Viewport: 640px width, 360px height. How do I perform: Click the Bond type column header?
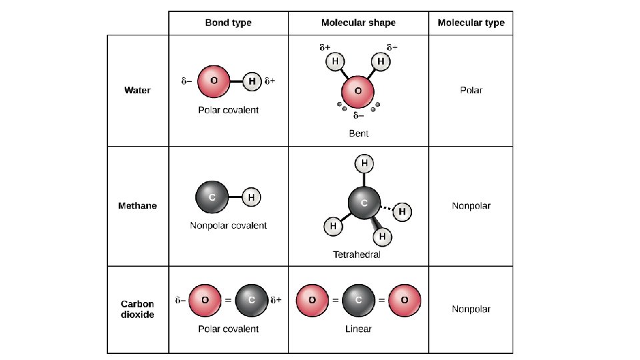point(228,23)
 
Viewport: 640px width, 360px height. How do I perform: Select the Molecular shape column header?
point(358,23)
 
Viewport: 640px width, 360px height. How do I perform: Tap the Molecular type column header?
point(471,23)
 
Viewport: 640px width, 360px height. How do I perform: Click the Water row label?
point(138,90)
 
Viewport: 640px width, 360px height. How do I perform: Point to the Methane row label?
point(138,205)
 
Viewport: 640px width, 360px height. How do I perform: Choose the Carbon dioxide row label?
point(138,309)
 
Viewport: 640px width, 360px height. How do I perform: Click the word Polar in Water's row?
point(471,90)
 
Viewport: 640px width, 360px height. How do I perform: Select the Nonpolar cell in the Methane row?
point(471,205)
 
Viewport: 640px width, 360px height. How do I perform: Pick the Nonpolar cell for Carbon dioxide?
point(471,309)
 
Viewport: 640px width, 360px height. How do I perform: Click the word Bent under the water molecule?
point(359,133)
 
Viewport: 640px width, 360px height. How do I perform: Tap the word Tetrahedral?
point(357,255)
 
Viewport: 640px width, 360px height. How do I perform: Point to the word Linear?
point(358,329)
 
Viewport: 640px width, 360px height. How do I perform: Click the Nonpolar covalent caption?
point(228,225)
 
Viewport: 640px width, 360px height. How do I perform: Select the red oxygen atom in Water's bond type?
point(214,81)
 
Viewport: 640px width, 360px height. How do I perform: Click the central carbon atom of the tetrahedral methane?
point(364,203)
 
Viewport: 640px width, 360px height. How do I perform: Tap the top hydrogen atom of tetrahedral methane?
point(364,163)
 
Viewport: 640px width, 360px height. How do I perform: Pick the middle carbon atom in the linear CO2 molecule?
point(358,300)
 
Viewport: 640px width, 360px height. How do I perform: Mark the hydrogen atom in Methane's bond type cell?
point(251,197)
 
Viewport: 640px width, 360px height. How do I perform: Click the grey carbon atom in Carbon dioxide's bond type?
point(251,300)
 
